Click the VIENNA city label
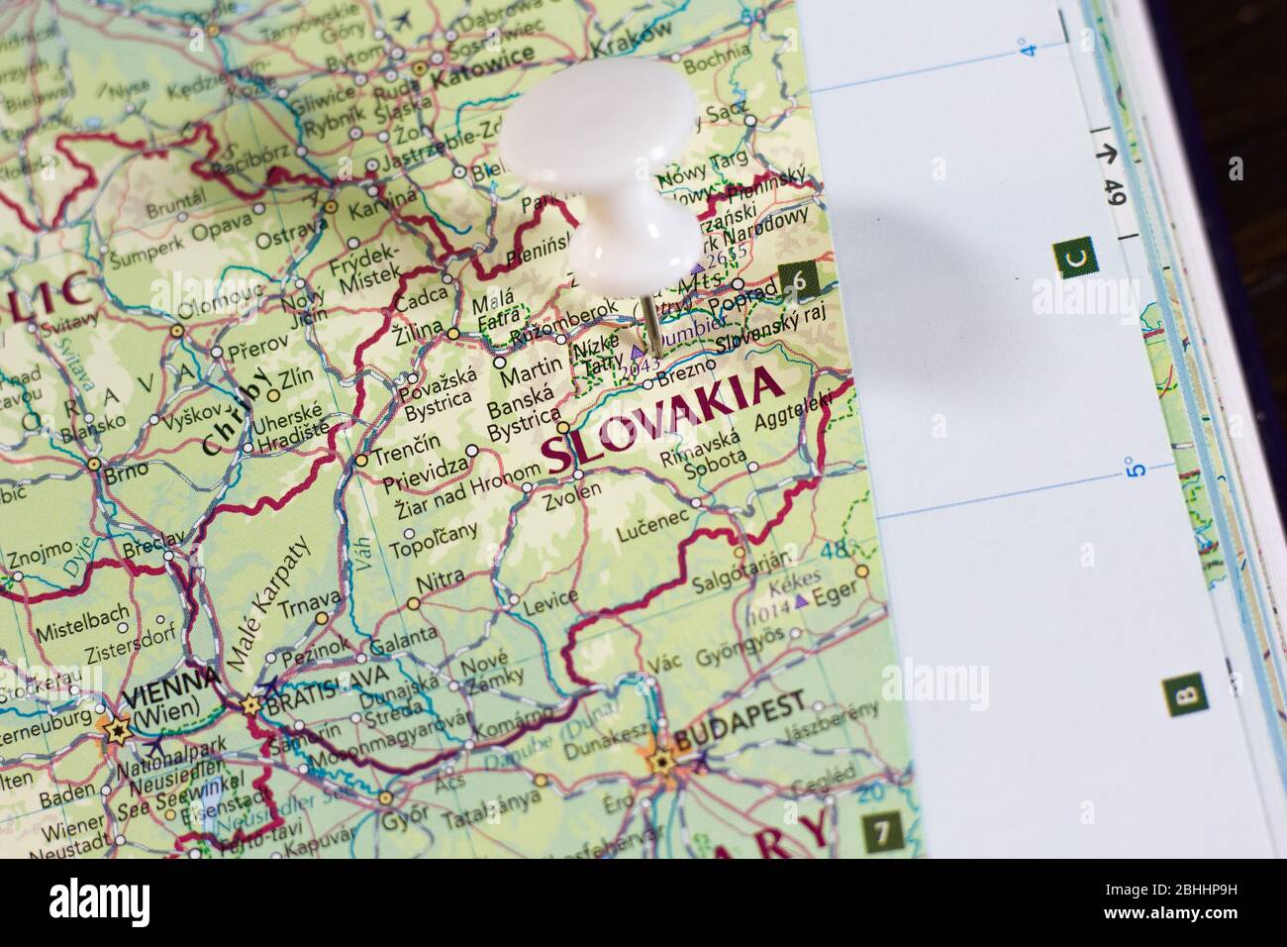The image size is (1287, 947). [x=172, y=683]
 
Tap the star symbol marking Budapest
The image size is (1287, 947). [x=660, y=762]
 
